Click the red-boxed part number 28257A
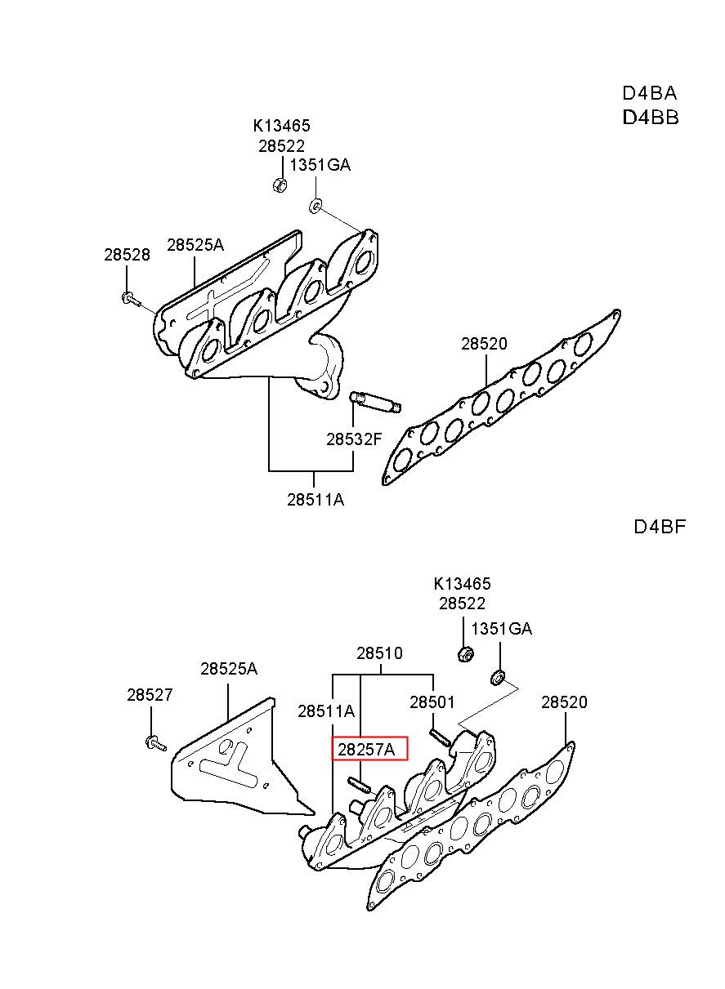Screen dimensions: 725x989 pyautogui.click(x=366, y=749)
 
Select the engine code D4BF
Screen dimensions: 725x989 pyautogui.click(x=660, y=527)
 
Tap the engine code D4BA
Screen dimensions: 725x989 pyautogui.click(x=650, y=93)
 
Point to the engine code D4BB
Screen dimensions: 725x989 pyautogui.click(x=651, y=118)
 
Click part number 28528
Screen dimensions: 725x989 pyautogui.click(x=127, y=255)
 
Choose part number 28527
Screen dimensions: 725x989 pyautogui.click(x=150, y=695)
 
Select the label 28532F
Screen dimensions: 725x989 pyautogui.click(x=353, y=439)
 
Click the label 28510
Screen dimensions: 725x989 pyautogui.click(x=379, y=653)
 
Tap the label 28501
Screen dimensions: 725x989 pyautogui.click(x=432, y=702)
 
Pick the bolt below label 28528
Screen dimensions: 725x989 pyautogui.click(x=130, y=300)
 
